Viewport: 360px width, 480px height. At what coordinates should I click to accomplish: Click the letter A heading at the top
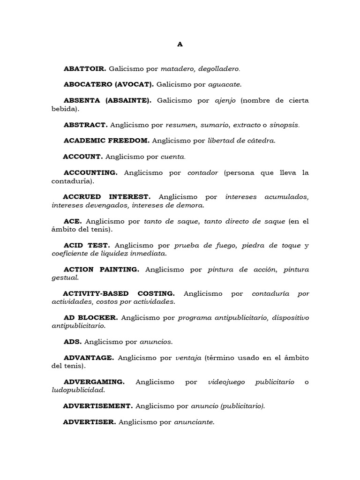(180, 45)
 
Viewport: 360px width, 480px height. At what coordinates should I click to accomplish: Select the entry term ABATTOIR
(85, 69)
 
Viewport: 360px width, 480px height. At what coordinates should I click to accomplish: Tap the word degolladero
(219, 69)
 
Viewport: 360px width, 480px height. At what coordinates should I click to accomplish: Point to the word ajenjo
(225, 100)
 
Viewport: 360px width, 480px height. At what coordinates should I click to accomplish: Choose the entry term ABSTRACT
(86, 125)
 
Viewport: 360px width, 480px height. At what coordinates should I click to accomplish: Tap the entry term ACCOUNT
(83, 156)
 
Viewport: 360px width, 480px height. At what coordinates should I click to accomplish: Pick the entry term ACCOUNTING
(91, 172)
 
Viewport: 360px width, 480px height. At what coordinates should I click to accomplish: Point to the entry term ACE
(73, 221)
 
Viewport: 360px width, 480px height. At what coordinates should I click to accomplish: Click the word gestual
(65, 277)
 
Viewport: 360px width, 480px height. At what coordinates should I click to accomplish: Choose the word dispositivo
(289, 318)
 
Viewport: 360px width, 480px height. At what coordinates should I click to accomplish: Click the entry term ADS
(73, 342)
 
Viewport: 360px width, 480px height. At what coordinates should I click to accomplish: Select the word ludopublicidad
(78, 390)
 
